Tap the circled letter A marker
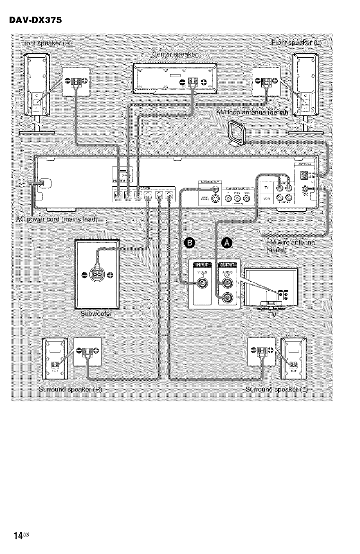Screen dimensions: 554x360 pyautogui.click(x=227, y=242)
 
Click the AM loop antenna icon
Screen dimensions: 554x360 pyautogui.click(x=235, y=133)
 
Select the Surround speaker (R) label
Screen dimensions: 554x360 pyautogui.click(x=70, y=390)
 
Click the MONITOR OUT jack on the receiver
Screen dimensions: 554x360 pyautogui.click(x=215, y=188)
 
